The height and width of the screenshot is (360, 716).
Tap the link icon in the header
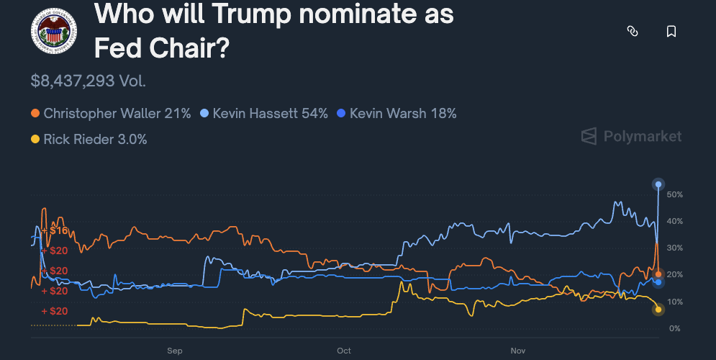[x=633, y=31]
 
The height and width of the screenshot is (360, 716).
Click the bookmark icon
[x=671, y=31]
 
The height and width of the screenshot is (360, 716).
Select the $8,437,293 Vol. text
[x=89, y=81]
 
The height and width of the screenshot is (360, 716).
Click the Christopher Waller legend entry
[x=111, y=114]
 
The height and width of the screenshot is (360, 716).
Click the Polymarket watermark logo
[x=631, y=136]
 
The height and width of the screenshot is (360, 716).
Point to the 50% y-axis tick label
[x=674, y=195]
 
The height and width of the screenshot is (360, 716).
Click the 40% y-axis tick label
[x=674, y=222]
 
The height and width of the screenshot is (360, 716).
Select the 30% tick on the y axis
[x=674, y=248]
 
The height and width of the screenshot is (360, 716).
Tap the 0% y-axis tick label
[x=674, y=329]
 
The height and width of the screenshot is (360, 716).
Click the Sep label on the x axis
[x=175, y=351]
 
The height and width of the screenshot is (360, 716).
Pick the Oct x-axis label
[x=343, y=351]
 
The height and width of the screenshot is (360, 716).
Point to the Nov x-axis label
[x=518, y=351]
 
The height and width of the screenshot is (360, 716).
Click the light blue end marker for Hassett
[x=658, y=184]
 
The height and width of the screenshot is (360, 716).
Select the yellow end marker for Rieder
[x=658, y=310]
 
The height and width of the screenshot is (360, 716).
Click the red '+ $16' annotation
[x=55, y=231]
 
